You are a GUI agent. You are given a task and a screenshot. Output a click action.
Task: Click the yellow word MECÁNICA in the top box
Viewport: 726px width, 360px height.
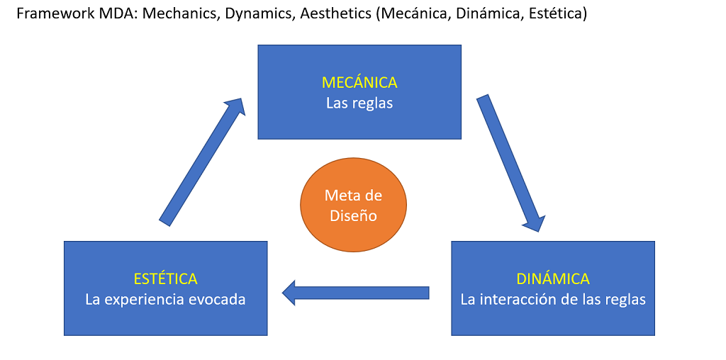click(x=359, y=82)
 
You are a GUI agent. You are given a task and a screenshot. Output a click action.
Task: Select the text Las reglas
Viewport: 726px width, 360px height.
click(x=359, y=103)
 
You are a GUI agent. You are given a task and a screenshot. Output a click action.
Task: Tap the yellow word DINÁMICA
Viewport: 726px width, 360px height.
click(x=553, y=279)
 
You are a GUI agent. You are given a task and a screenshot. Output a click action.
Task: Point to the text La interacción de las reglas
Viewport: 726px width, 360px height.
click(x=553, y=299)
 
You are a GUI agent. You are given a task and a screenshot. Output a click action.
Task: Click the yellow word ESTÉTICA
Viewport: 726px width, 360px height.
click(x=165, y=279)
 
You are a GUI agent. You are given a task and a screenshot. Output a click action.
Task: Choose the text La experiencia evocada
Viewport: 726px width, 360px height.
click(x=165, y=299)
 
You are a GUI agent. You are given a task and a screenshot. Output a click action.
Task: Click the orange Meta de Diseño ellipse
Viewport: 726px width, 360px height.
click(x=353, y=205)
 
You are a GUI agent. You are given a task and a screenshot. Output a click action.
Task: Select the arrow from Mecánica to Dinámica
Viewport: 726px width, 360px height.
click(x=509, y=162)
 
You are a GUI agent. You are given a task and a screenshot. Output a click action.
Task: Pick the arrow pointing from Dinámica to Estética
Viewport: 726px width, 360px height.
click(x=356, y=293)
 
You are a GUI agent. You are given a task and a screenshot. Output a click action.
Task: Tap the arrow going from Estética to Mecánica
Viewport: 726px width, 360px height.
click(x=202, y=162)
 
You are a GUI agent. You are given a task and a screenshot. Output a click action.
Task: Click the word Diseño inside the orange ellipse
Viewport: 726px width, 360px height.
click(x=353, y=215)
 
